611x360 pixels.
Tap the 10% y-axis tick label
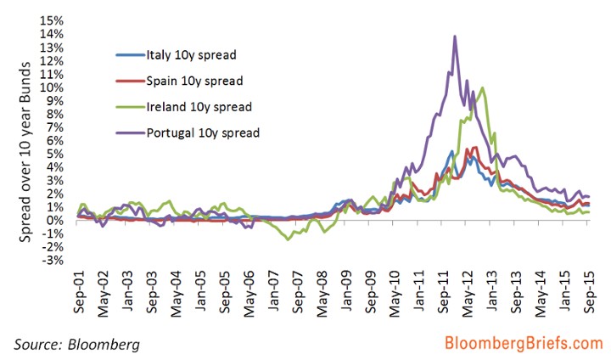(x=52, y=87)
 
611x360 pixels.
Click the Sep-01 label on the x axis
(x=77, y=293)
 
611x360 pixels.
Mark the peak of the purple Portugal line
(x=456, y=37)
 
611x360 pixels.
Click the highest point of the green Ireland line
(x=482, y=87)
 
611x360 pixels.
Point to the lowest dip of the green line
(x=289, y=239)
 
